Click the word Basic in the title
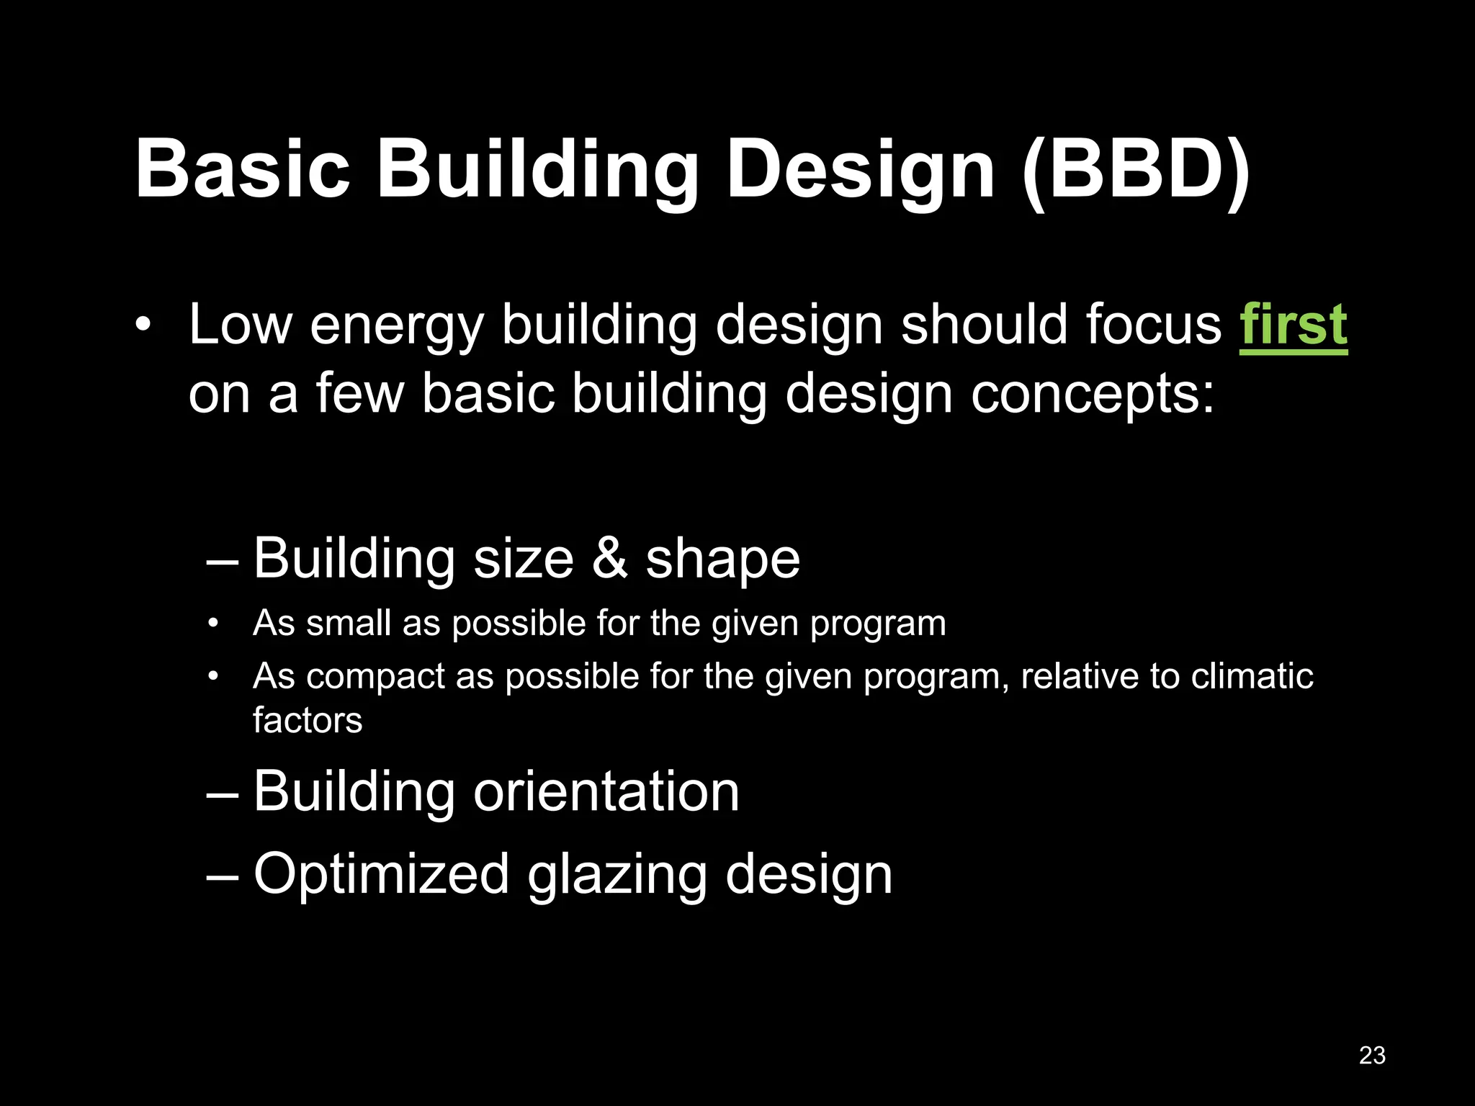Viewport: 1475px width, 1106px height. pyautogui.click(x=242, y=170)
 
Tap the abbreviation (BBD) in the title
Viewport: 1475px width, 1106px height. pyautogui.click(x=1136, y=170)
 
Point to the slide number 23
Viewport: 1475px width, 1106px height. pyautogui.click(x=1372, y=1055)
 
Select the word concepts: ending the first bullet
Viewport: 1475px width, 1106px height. pyautogui.click(x=1093, y=396)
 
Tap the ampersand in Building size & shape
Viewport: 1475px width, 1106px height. pyautogui.click(x=609, y=559)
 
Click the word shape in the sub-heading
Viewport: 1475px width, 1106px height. pyautogui.click(x=722, y=560)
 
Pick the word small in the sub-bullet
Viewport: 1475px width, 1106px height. pyautogui.click(x=349, y=623)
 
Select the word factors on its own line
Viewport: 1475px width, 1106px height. pyautogui.click(x=308, y=720)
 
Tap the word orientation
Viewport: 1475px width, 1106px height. pyautogui.click(x=606, y=792)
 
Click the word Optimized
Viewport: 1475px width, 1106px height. pyautogui.click(x=381, y=874)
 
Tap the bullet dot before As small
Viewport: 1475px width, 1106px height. pyautogui.click(x=212, y=624)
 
